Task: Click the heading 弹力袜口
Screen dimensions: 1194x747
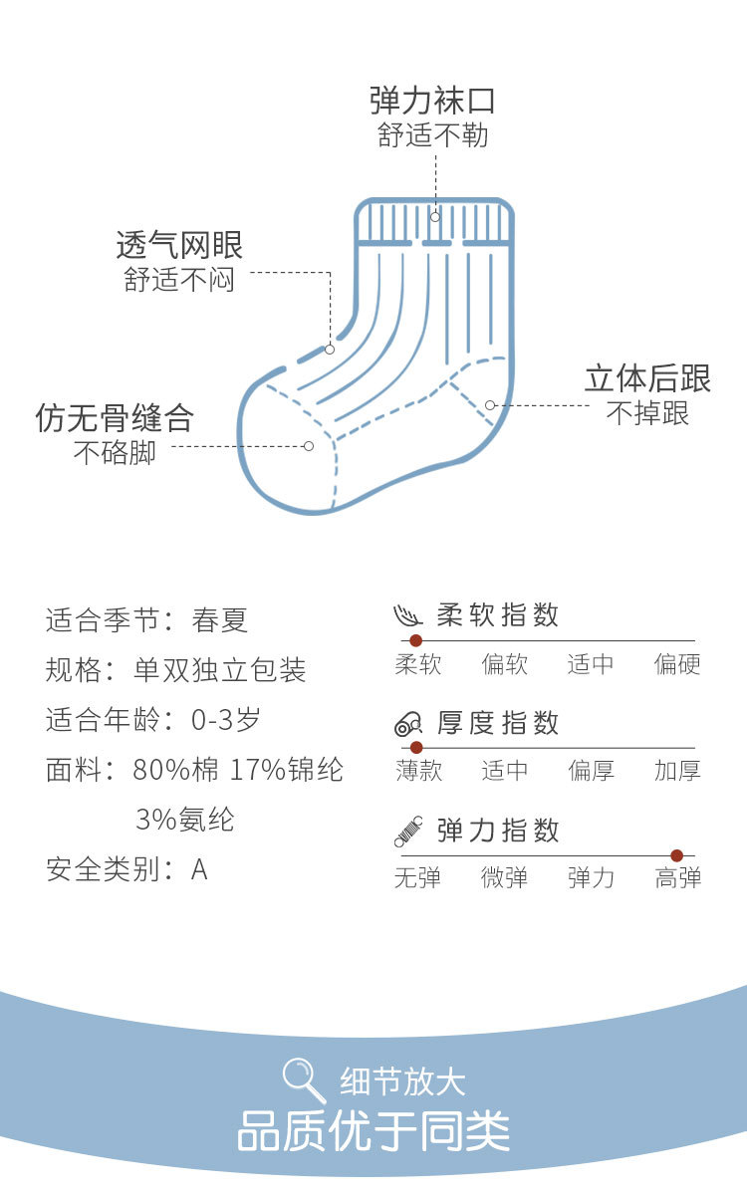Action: pos(432,102)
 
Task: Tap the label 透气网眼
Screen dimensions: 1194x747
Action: pos(179,245)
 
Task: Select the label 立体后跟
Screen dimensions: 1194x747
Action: pos(647,378)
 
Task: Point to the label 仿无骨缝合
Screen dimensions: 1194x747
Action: pos(115,418)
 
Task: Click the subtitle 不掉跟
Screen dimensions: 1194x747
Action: pos(647,413)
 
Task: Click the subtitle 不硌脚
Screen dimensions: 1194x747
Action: pos(115,453)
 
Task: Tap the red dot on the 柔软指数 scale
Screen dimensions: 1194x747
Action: pos(416,640)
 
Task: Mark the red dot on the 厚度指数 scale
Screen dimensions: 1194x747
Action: pos(416,747)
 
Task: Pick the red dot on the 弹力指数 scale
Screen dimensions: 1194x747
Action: pos(677,855)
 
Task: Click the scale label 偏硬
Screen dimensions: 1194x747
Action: pos(677,664)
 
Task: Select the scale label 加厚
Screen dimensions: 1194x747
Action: pos(677,771)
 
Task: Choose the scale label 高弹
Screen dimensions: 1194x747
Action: pos(677,878)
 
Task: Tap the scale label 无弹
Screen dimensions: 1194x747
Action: pos(417,878)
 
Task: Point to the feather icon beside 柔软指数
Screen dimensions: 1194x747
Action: pos(408,615)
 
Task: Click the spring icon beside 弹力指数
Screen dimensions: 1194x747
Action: pos(408,831)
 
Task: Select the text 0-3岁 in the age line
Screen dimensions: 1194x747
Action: pos(227,720)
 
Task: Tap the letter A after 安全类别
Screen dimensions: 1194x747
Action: pos(199,869)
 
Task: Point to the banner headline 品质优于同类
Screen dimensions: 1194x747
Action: pos(373,1130)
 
